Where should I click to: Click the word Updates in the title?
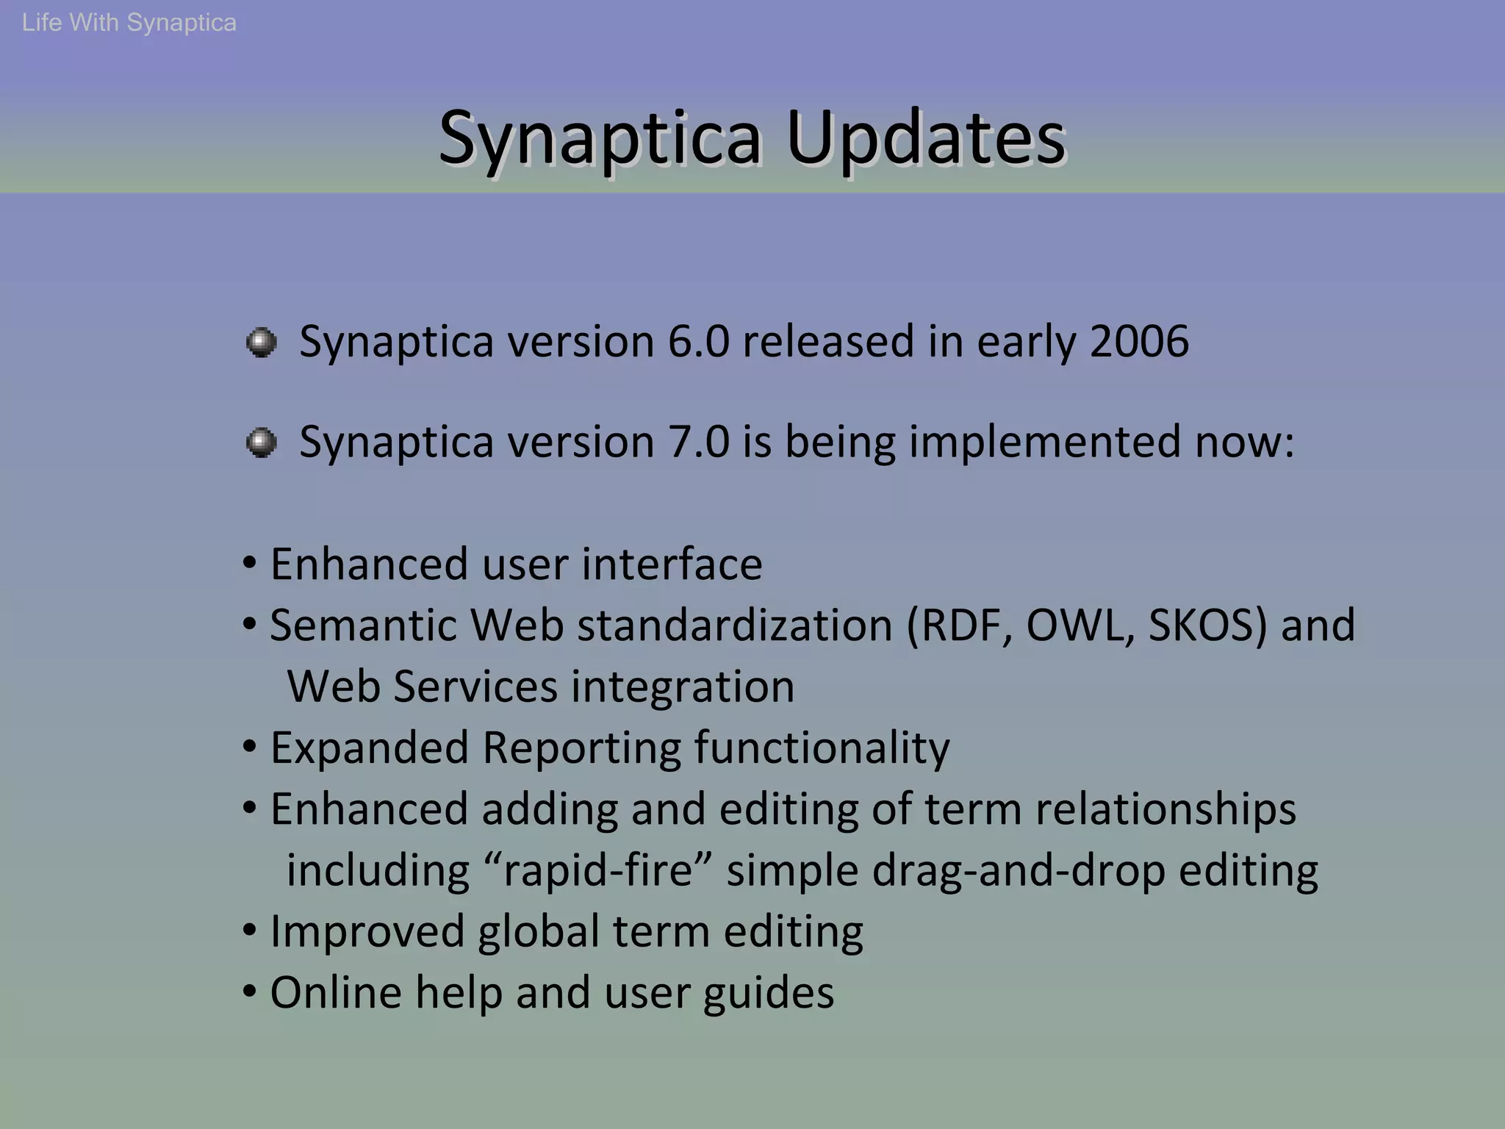(x=925, y=137)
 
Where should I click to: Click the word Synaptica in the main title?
(x=600, y=137)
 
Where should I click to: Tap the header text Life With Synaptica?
(x=129, y=23)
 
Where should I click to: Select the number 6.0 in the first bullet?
(x=698, y=342)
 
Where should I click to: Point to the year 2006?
(x=1139, y=342)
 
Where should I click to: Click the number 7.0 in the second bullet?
(x=698, y=442)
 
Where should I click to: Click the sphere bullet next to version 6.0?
(x=261, y=343)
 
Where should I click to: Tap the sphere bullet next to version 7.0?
(x=261, y=442)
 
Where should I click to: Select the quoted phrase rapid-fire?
(x=597, y=870)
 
